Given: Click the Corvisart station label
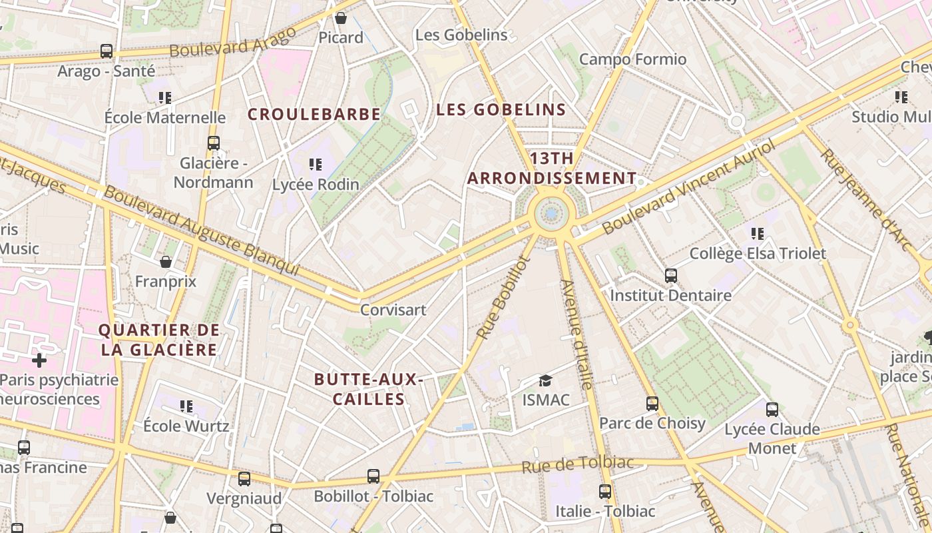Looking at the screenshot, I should point(393,310).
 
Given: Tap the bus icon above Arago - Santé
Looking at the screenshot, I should point(106,51).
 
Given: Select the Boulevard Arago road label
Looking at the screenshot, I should point(232,42).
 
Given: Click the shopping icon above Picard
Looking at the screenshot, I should point(341,18).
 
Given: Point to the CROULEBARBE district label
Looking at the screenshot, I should point(314,114).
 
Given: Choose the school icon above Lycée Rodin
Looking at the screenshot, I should point(316,164).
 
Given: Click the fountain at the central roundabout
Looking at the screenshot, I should point(551,214).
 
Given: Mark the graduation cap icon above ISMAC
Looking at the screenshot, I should point(546,380).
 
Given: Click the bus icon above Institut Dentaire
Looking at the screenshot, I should point(670,275).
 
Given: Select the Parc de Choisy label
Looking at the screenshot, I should point(652,423).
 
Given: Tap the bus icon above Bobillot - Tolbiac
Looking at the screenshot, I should point(373,476).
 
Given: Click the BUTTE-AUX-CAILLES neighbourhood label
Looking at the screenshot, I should point(369,389).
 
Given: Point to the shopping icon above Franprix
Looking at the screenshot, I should point(166,262).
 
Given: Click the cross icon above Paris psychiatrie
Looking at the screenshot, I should point(39,360).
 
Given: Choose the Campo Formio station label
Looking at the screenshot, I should point(632,59).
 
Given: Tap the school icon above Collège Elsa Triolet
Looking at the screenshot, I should point(758,233).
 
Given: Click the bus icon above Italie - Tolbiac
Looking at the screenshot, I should point(605,492).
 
